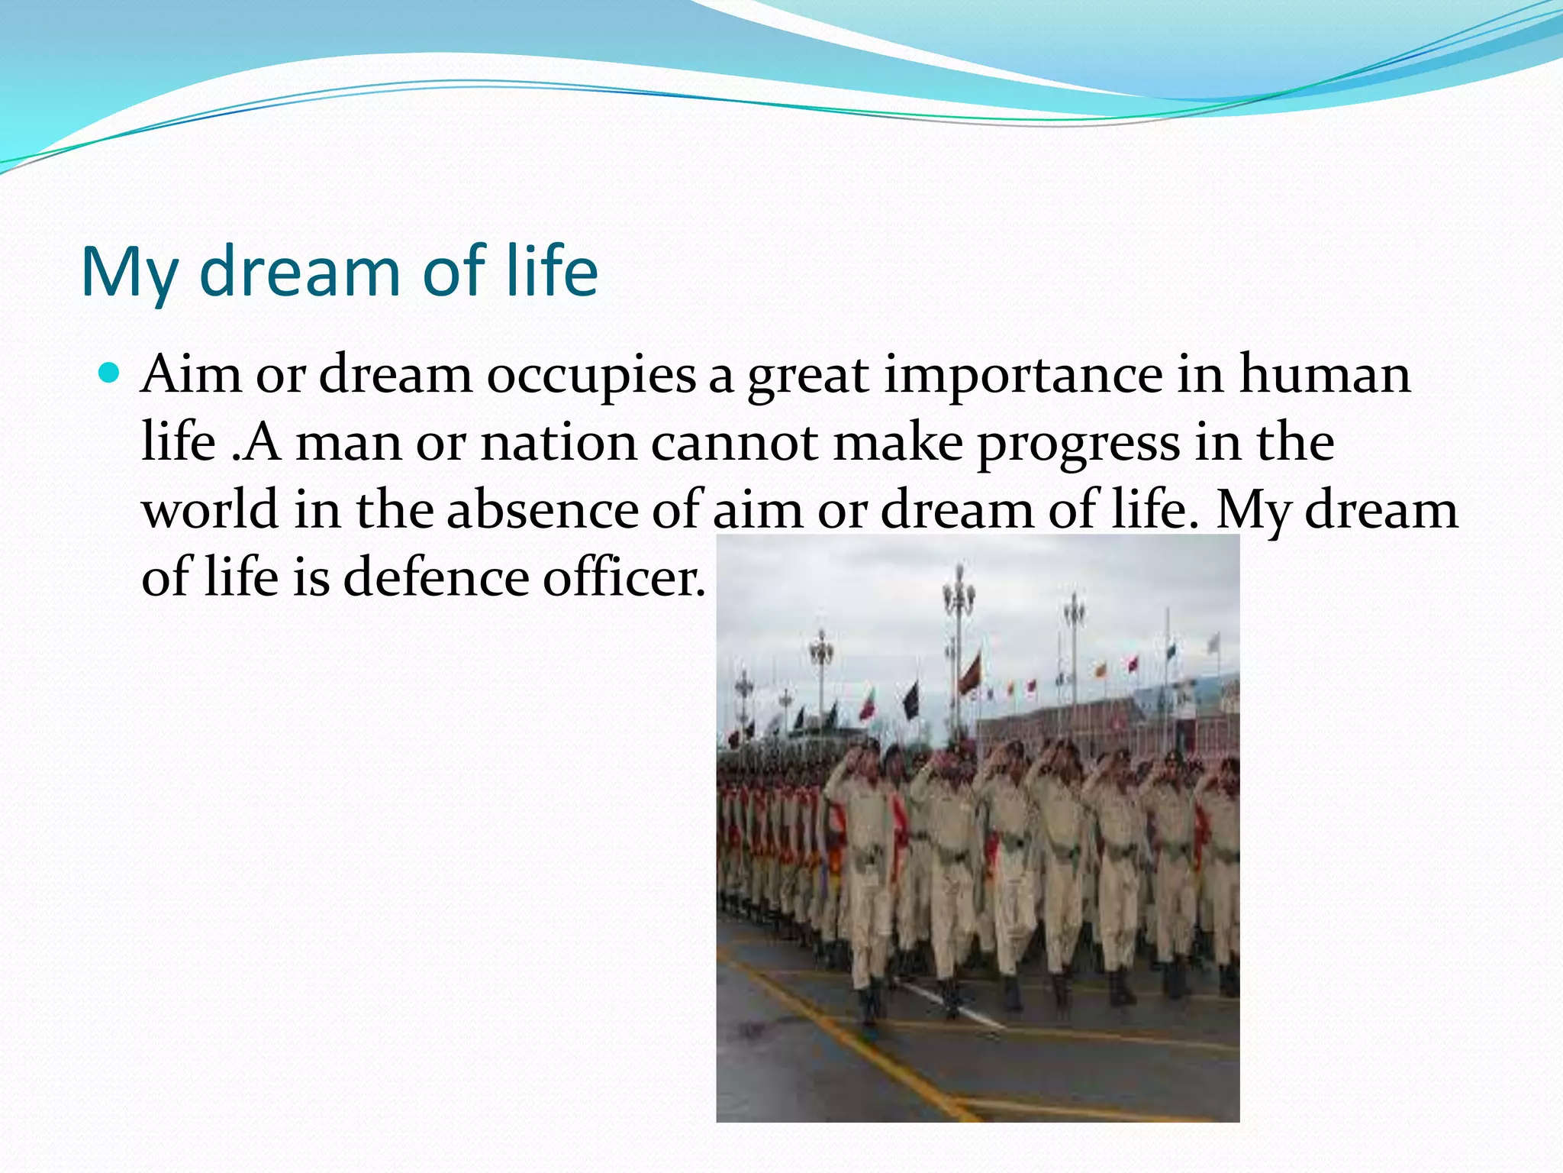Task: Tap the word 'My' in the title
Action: (128, 273)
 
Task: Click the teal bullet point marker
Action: (110, 373)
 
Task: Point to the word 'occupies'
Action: (591, 376)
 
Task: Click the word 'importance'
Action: (1023, 376)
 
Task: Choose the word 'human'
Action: (1324, 374)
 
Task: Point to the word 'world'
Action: (210, 510)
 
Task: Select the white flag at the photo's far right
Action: (1213, 643)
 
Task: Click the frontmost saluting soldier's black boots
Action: (870, 1008)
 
